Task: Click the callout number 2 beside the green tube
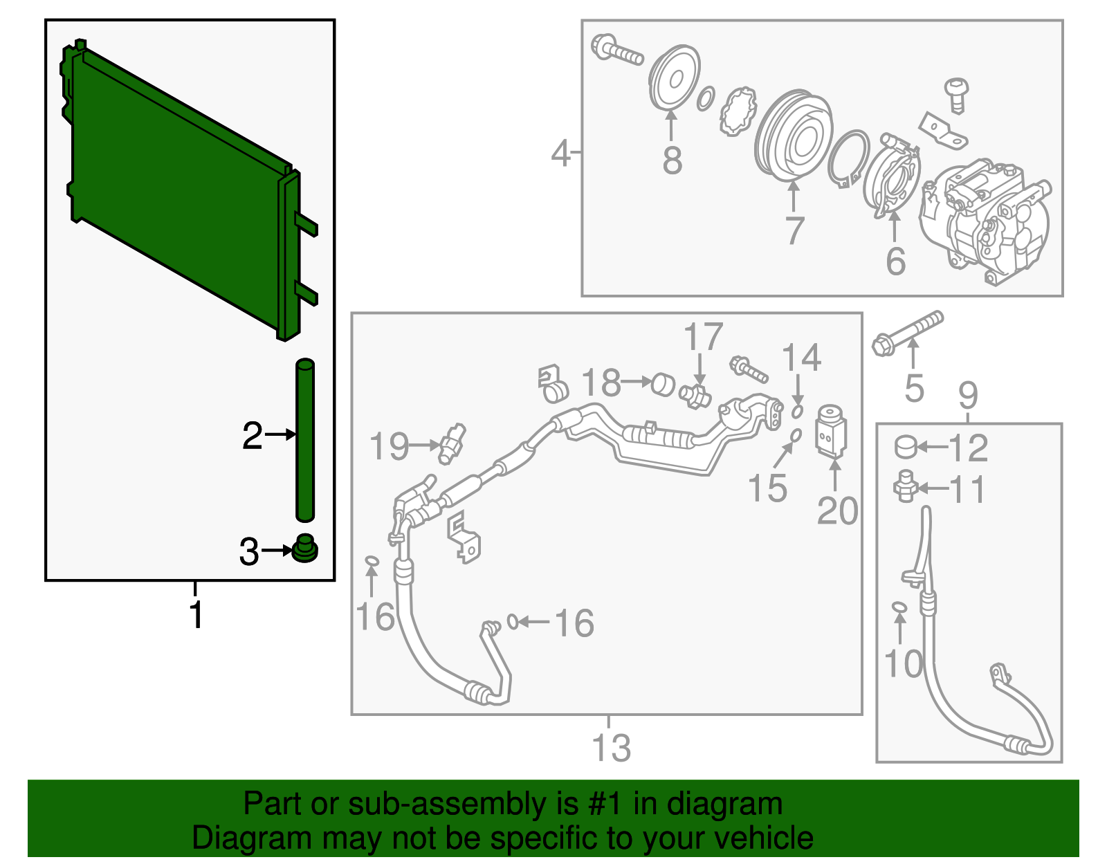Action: (x=252, y=436)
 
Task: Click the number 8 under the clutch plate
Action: (x=672, y=160)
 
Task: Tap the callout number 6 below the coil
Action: (x=895, y=261)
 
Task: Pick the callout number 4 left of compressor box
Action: (x=561, y=153)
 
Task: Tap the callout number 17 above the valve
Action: (x=703, y=338)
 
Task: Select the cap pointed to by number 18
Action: (x=664, y=384)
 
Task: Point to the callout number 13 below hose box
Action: (x=611, y=748)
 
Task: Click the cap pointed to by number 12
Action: (x=906, y=447)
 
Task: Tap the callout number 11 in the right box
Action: (x=967, y=490)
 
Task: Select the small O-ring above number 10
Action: (x=899, y=607)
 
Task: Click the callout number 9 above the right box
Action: (x=968, y=395)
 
